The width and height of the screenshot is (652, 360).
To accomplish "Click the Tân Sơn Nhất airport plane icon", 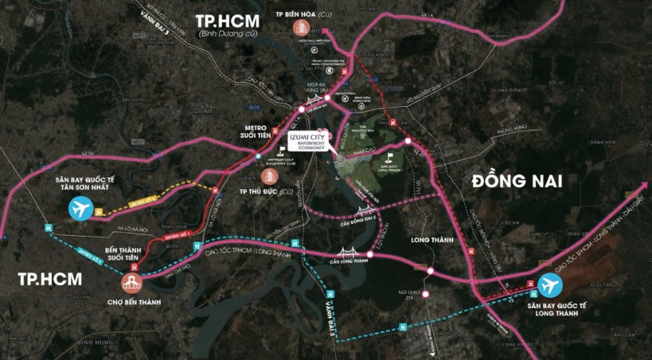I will pos(81,209).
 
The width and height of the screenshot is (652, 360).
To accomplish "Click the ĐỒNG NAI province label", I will pos(516,181).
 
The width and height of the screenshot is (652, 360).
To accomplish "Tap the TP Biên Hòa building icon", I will pos(300,28).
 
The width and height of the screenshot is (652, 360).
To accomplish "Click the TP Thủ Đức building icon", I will pos(269,175).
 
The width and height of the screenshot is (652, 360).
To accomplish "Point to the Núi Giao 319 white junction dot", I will pos(425,294).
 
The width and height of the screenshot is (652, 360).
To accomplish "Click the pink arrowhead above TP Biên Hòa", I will pos(325,31).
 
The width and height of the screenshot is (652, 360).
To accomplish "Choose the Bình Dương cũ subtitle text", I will pos(228,34).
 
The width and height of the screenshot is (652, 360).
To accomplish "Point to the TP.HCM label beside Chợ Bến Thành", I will pos(50,280).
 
